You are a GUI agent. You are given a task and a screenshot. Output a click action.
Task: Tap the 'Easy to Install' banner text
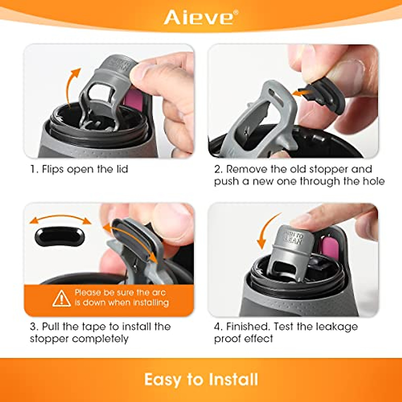[201, 380]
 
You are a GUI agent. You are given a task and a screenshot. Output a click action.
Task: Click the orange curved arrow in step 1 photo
[72, 85]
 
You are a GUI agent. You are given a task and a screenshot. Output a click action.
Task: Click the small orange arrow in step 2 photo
[300, 92]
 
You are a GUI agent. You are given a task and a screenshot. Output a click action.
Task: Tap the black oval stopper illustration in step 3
[60, 237]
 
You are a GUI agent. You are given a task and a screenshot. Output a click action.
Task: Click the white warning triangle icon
[62, 298]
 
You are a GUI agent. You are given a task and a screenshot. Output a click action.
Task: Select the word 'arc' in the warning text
[159, 292]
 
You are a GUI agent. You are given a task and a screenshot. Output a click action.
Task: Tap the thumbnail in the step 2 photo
[348, 72]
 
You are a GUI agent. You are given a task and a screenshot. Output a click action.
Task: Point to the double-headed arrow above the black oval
[60, 219]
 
